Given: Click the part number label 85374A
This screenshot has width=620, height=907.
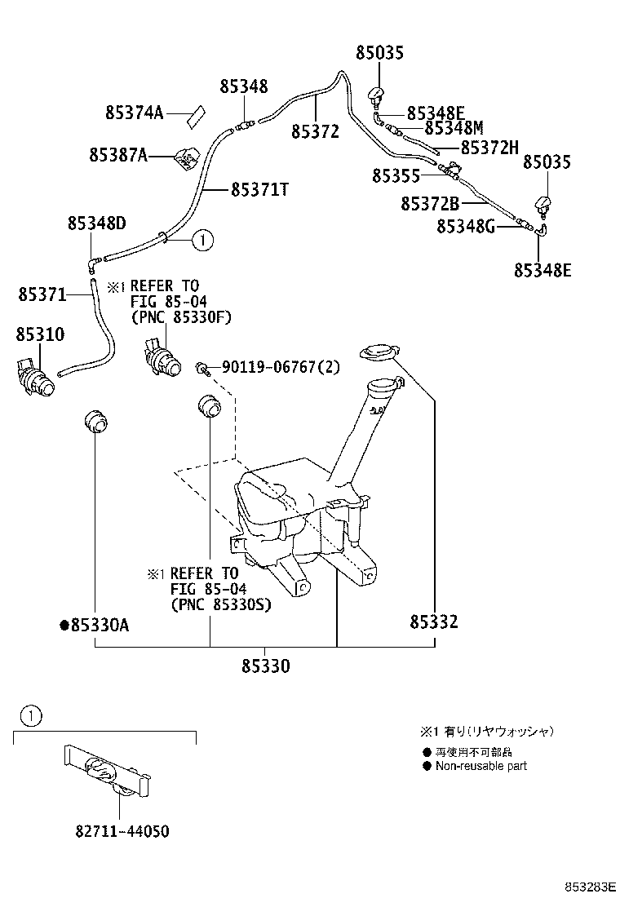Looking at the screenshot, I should pos(134,113).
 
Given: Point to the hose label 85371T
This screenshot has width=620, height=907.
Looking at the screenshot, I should pos(260,189).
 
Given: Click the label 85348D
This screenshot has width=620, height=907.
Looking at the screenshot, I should pos(96,223).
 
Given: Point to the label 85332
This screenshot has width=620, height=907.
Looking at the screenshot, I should pos(433,622).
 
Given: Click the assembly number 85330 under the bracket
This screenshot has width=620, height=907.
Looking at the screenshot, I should pos(265,666).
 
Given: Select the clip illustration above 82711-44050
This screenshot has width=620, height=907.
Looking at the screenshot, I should pos(105,772).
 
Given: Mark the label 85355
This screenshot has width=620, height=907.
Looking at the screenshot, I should pos(396,176).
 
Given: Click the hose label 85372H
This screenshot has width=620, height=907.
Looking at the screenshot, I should pos(489,148).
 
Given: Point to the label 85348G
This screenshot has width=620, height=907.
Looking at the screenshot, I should pos(465,226).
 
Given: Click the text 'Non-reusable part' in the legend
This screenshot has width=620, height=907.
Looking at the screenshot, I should pos(480,766).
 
